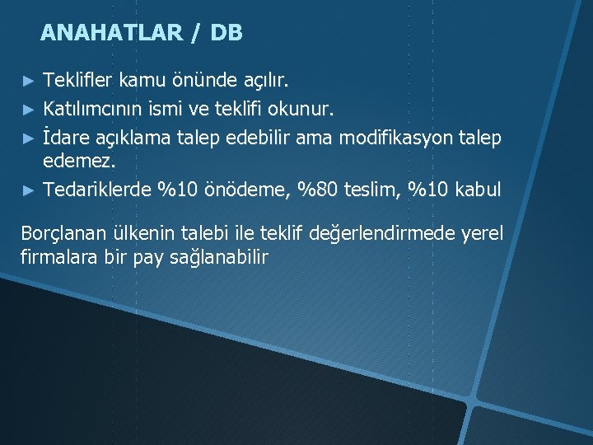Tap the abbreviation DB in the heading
pos(226,33)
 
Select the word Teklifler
pos(78,80)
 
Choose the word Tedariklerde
pos(98,189)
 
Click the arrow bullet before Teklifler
pos(29,81)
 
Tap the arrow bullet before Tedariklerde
pos(29,190)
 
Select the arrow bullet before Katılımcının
pos(29,109)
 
